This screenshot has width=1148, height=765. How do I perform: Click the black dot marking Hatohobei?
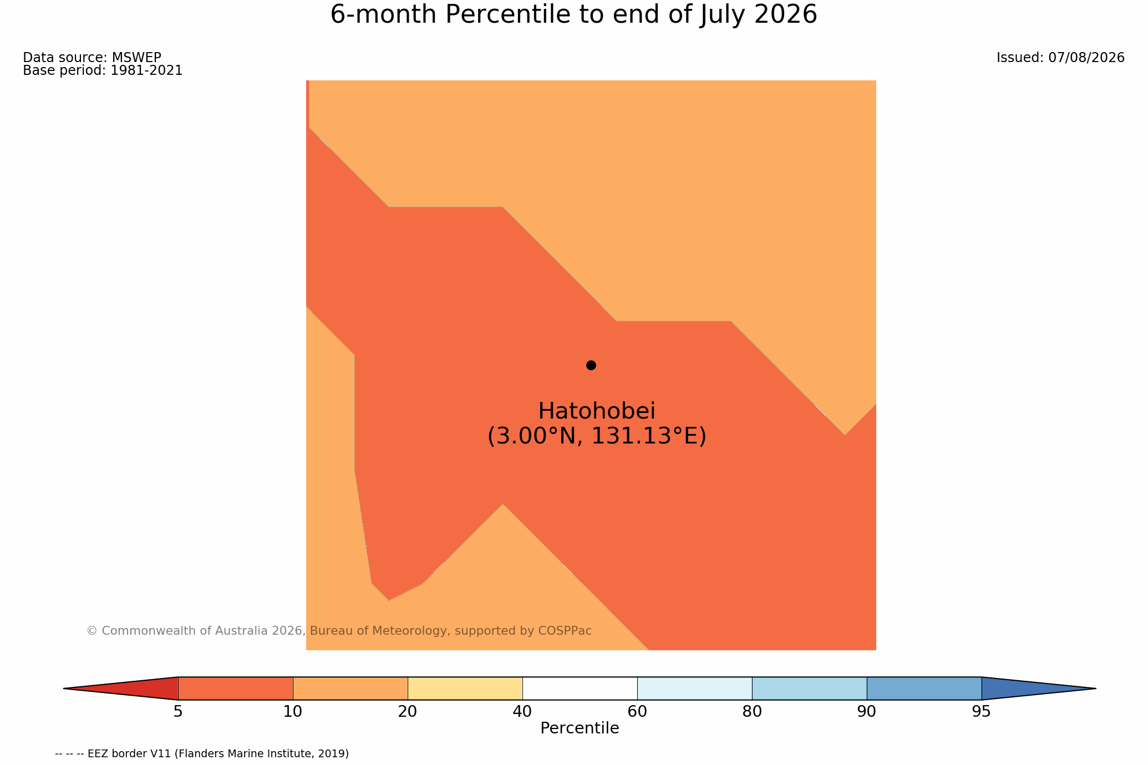(x=591, y=365)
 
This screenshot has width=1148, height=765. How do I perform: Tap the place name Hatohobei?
(x=597, y=411)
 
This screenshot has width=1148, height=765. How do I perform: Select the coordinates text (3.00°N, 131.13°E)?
(x=597, y=436)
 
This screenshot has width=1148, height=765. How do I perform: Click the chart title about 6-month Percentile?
(x=574, y=15)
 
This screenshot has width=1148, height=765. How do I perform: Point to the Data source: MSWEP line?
(x=92, y=58)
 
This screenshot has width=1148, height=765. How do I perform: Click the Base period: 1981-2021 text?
(x=103, y=71)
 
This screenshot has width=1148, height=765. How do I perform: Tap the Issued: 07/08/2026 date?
(x=1060, y=58)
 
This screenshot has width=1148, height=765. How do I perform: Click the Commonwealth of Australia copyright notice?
(x=339, y=631)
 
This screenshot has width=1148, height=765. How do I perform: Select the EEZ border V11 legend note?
(x=202, y=754)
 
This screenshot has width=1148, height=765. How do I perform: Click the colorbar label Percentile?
(x=580, y=728)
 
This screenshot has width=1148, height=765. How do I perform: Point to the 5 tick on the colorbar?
(x=178, y=712)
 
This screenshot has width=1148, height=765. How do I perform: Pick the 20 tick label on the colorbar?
(x=408, y=712)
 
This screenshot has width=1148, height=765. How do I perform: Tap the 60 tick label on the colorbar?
(x=637, y=712)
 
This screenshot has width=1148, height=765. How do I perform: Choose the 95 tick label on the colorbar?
(x=982, y=712)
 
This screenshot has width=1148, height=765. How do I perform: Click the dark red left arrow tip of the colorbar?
(x=64, y=688)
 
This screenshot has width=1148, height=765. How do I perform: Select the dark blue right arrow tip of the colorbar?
(x=1095, y=688)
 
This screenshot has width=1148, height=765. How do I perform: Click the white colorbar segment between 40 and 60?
(x=580, y=688)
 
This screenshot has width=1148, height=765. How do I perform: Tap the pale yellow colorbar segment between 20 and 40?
(x=465, y=688)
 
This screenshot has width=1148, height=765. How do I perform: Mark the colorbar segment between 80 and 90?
(x=809, y=688)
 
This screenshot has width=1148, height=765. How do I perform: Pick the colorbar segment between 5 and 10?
(x=235, y=688)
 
